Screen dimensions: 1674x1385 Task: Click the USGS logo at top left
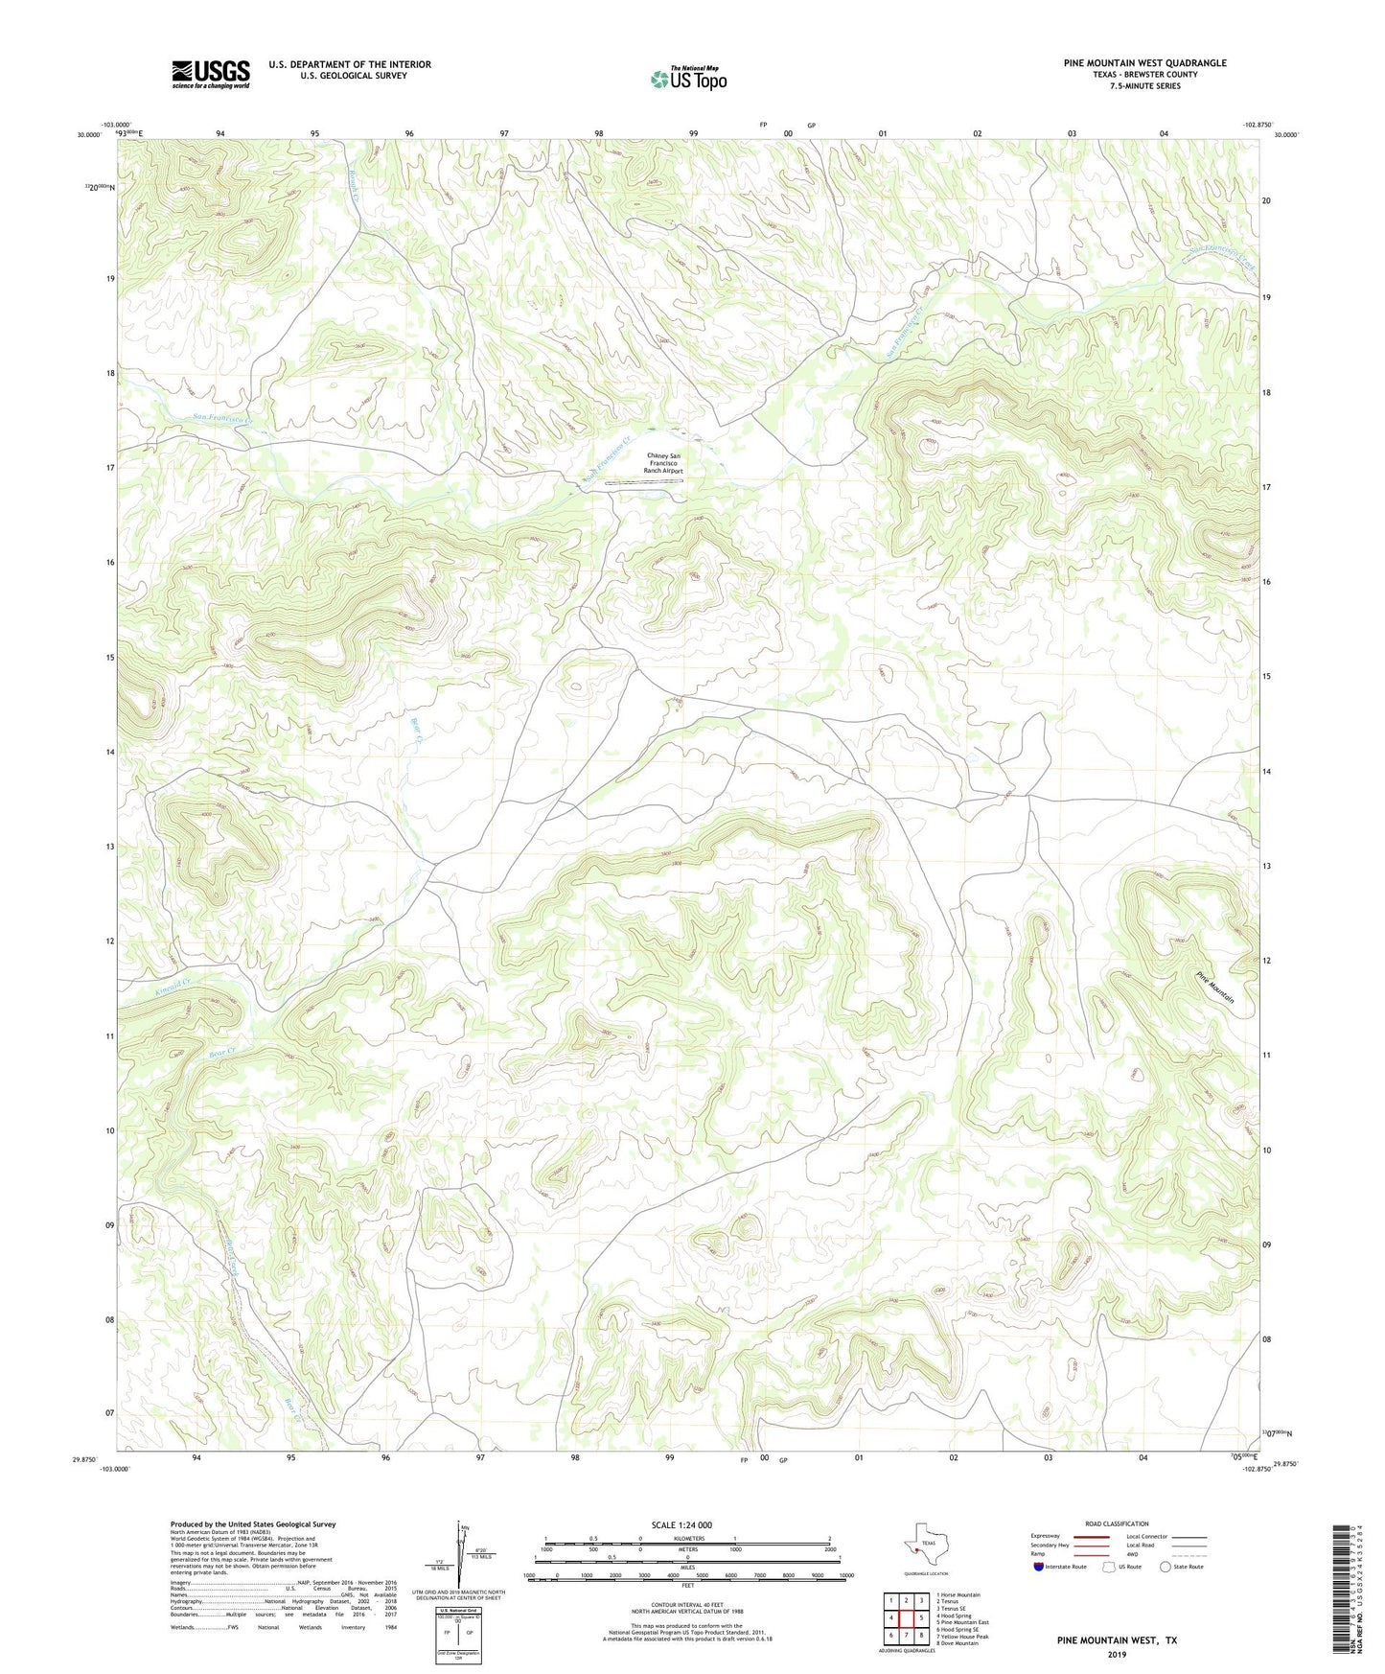pos(211,73)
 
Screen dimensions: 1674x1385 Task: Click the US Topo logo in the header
pos(687,79)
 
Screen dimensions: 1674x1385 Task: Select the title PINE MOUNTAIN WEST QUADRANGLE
pos(1144,63)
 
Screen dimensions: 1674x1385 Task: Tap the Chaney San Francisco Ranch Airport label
pos(664,464)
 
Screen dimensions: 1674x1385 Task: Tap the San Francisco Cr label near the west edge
pos(222,417)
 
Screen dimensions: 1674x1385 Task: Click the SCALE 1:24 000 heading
pos(681,1524)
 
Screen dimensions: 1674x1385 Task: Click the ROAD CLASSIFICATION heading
pos(1117,1523)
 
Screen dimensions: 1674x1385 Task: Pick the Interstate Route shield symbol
pos(1039,1567)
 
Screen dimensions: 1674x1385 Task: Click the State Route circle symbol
pos(1165,1567)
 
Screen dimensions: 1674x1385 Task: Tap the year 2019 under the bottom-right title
pos(1117,1655)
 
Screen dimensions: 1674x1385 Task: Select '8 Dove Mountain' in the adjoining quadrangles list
pos(958,1643)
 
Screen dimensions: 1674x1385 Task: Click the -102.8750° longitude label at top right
pos(1258,125)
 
